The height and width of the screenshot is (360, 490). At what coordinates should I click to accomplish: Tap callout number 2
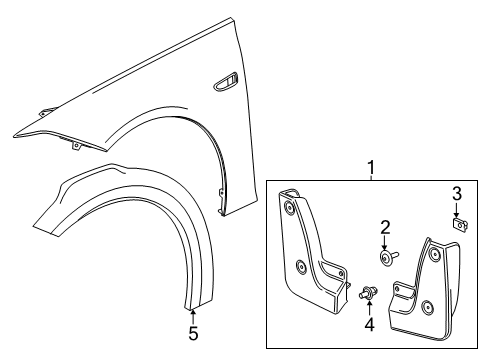[x=383, y=228]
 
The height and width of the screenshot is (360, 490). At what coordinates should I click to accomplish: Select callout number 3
[x=455, y=192]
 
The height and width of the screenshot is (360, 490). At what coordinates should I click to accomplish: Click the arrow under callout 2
[x=383, y=244]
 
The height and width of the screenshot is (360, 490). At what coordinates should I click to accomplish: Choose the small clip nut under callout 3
[x=458, y=224]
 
